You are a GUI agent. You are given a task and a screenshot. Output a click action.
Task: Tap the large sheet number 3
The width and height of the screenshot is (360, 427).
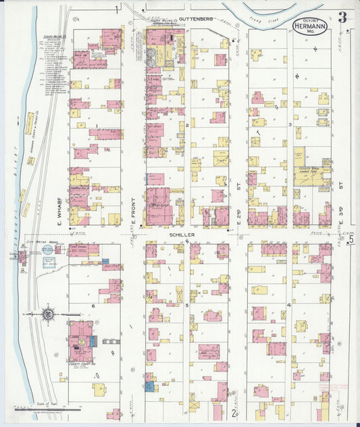tap(342, 17)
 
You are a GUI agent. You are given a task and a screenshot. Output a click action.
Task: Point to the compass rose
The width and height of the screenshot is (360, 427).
tap(48, 313)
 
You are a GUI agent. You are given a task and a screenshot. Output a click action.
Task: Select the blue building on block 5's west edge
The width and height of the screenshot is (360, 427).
tap(149, 386)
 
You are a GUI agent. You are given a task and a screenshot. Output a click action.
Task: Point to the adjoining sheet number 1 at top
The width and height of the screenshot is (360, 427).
tap(118, 8)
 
